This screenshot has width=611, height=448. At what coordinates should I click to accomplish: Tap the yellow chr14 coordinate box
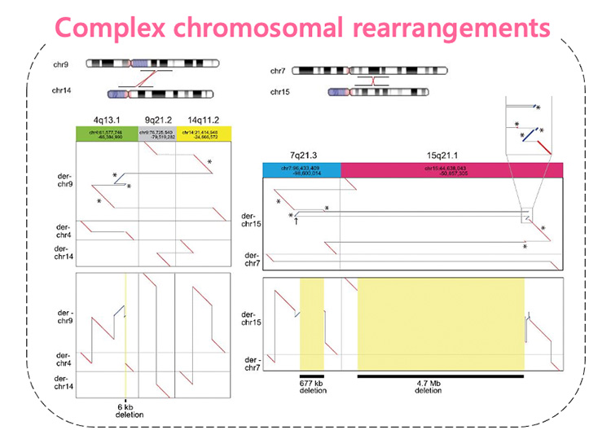[204, 133]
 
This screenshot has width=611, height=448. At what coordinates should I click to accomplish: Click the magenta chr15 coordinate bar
[451, 169]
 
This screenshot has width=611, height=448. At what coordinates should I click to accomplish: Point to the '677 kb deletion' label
[313, 386]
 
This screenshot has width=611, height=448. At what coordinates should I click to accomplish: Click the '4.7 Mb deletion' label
[441, 386]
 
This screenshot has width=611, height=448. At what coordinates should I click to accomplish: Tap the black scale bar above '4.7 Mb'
[441, 376]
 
